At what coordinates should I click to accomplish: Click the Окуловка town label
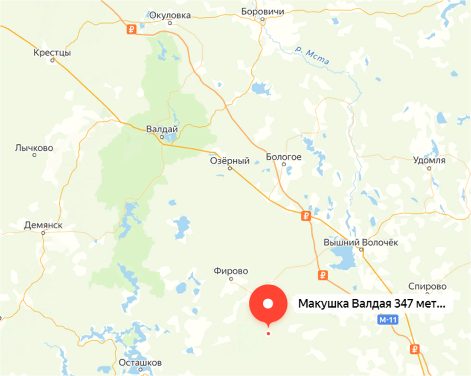tap(170, 15)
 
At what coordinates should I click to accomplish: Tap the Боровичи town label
tap(262, 12)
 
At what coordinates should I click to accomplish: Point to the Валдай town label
tap(162, 129)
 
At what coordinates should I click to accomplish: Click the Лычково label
tap(34, 148)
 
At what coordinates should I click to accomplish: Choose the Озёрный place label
tap(230, 160)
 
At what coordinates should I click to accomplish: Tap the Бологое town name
tap(284, 157)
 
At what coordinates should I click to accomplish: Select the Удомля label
tap(429, 160)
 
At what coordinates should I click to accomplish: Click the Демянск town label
tap(44, 225)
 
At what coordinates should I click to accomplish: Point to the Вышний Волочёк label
tap(361, 242)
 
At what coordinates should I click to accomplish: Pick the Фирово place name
tap(231, 271)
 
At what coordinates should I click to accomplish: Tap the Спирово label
tap(427, 286)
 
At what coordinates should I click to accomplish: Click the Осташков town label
tap(140, 363)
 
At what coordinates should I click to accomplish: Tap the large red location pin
tap(268, 304)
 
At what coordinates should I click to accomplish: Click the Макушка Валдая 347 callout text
tap(372, 304)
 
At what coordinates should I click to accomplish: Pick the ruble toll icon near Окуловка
tap(132, 30)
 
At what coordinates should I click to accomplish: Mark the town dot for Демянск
tap(43, 233)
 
